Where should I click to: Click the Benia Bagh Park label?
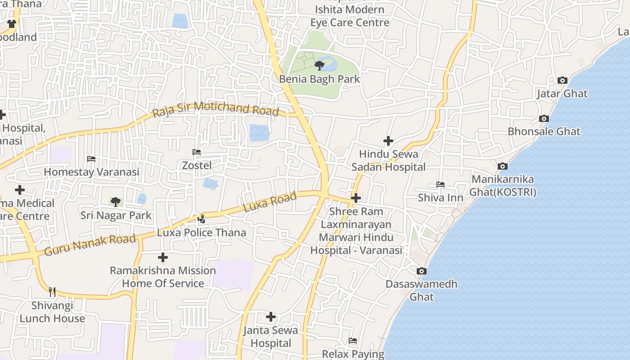(x=319, y=79)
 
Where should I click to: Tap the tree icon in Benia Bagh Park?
(x=319, y=66)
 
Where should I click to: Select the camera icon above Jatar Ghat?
(x=562, y=81)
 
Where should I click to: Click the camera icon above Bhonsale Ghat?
(x=544, y=119)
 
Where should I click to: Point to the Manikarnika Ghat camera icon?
(x=503, y=166)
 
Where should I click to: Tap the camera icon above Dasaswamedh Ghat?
(x=421, y=271)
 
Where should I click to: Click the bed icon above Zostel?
(x=197, y=152)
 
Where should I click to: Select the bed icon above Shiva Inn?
(x=441, y=184)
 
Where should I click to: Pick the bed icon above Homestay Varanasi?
(x=91, y=159)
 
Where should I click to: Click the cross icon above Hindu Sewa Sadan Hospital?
(x=388, y=141)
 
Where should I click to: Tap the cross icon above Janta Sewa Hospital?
(x=271, y=317)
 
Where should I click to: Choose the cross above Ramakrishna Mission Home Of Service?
(x=163, y=257)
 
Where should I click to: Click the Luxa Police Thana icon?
(x=202, y=219)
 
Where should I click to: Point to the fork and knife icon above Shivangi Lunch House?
(x=52, y=292)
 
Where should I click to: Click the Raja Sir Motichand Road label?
(x=216, y=109)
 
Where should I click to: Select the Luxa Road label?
(x=270, y=202)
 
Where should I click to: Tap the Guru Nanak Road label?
(x=90, y=245)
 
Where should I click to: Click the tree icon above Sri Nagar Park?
(x=116, y=202)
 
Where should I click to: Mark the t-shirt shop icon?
(x=12, y=24)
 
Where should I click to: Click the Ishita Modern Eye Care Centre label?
(x=350, y=16)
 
